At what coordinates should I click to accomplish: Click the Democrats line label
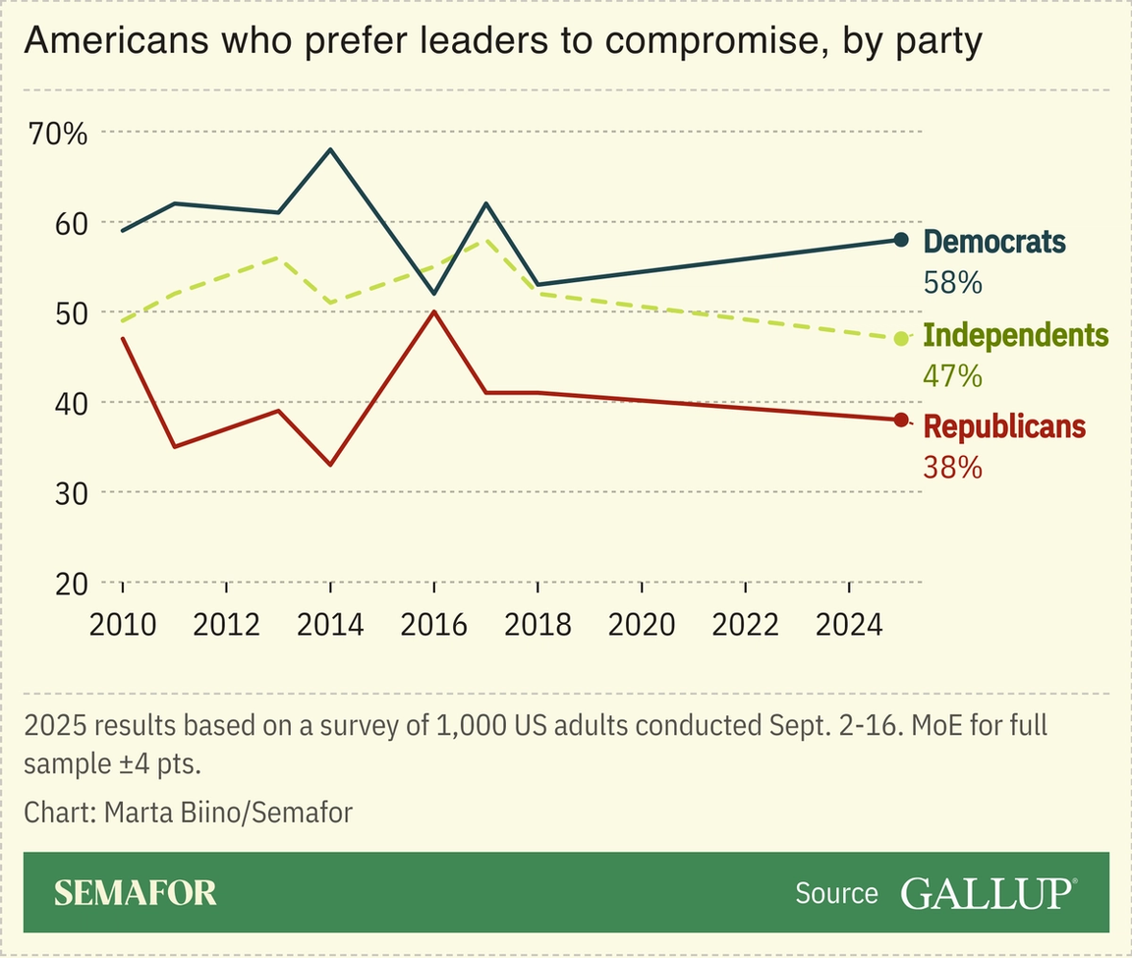click(994, 241)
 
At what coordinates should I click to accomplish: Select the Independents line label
click(1016, 335)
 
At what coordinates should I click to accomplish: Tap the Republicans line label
click(1004, 426)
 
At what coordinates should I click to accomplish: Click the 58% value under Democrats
click(952, 283)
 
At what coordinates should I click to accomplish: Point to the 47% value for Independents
click(952, 375)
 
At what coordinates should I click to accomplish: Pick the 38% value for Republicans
click(952, 467)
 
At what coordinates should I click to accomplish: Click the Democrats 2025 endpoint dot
click(901, 240)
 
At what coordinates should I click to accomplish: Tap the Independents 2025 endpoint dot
click(901, 339)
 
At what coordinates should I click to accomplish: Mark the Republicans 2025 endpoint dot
click(901, 421)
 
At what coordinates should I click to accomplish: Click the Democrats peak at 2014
click(330, 149)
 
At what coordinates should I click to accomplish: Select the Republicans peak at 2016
click(433, 311)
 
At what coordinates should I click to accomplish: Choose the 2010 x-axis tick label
click(122, 624)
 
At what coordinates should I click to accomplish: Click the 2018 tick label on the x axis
click(538, 624)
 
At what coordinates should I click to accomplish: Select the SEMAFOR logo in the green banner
click(135, 892)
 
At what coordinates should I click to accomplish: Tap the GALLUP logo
click(988, 892)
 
